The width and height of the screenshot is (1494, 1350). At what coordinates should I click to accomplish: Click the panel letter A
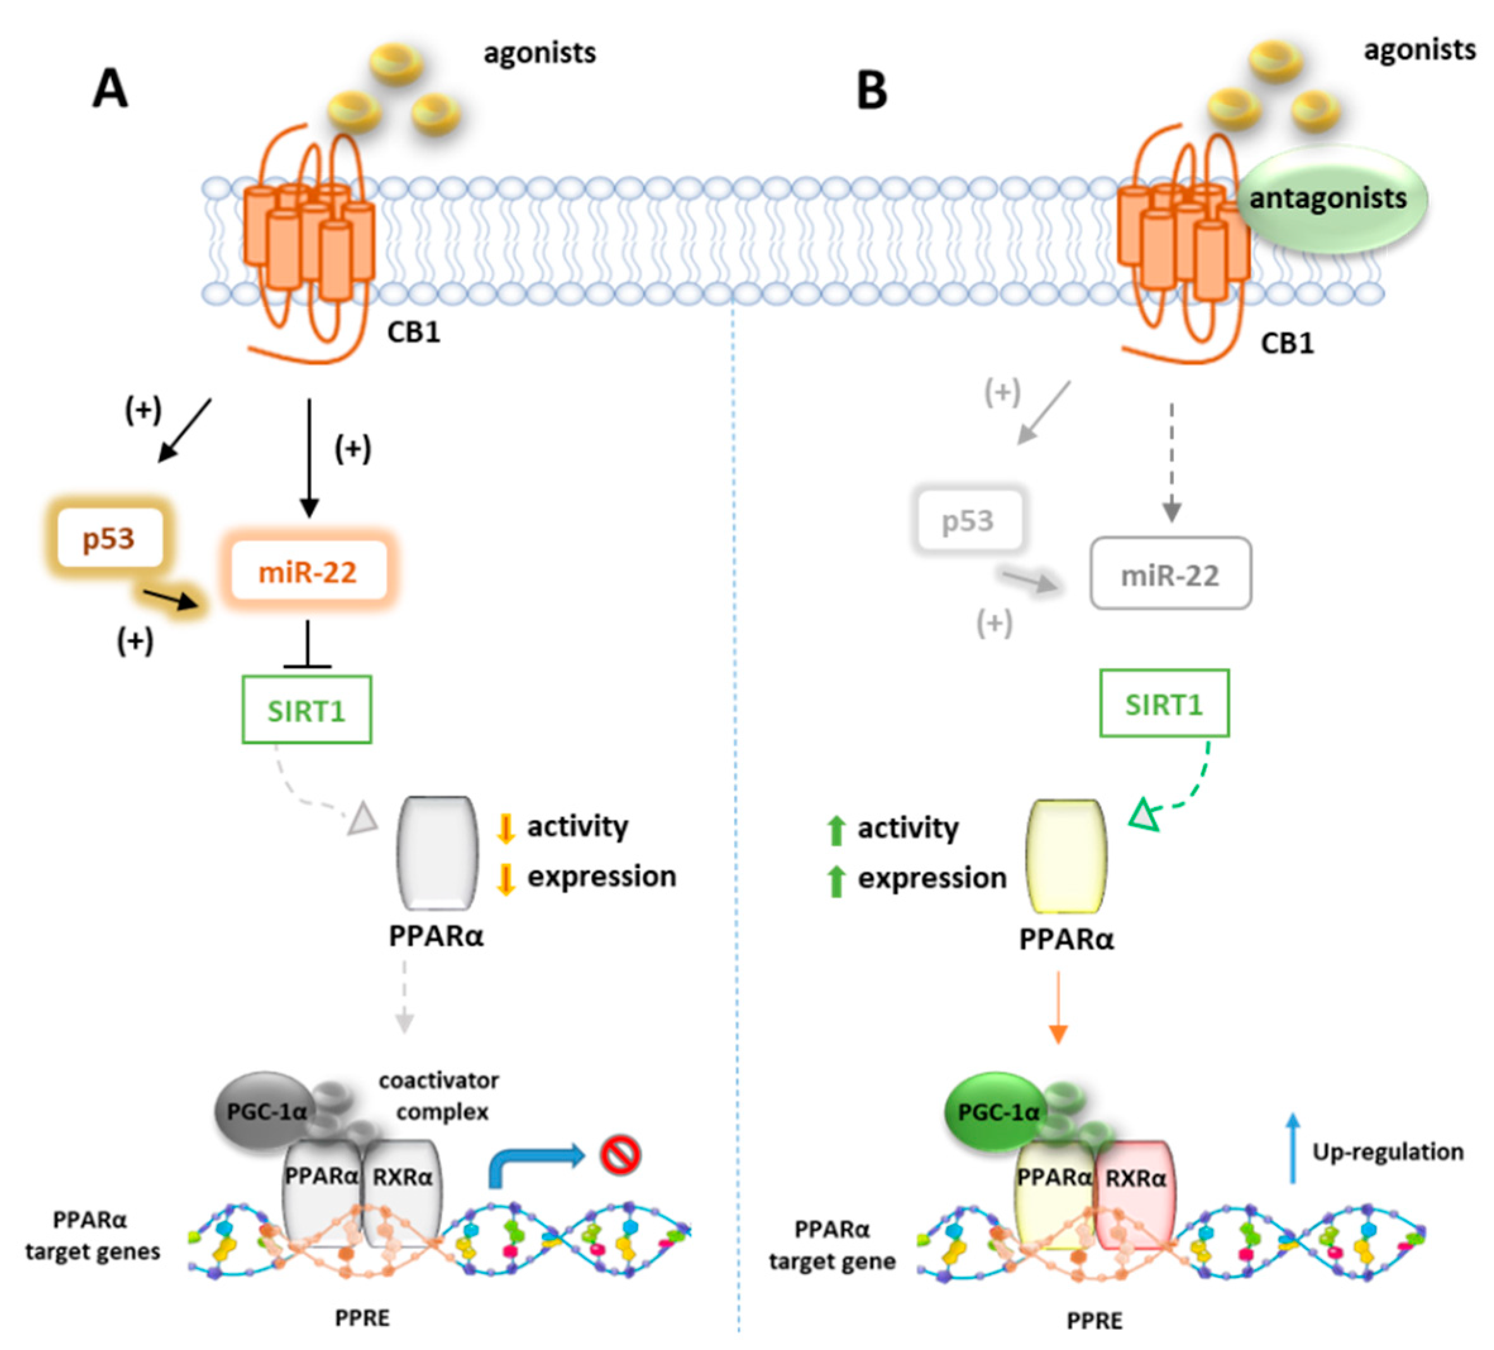111,90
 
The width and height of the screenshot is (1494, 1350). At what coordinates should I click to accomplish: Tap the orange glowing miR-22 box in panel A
309,571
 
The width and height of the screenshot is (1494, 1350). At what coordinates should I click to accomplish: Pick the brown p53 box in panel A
109,538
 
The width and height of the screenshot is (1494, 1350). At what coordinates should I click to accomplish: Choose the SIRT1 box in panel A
307,710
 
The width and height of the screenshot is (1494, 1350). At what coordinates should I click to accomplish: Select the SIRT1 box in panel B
1164,703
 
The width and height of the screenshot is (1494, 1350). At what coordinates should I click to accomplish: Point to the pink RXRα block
1136,1195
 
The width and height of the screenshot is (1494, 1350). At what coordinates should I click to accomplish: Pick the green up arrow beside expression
836,881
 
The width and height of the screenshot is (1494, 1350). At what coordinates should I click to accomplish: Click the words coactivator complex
439,1097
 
